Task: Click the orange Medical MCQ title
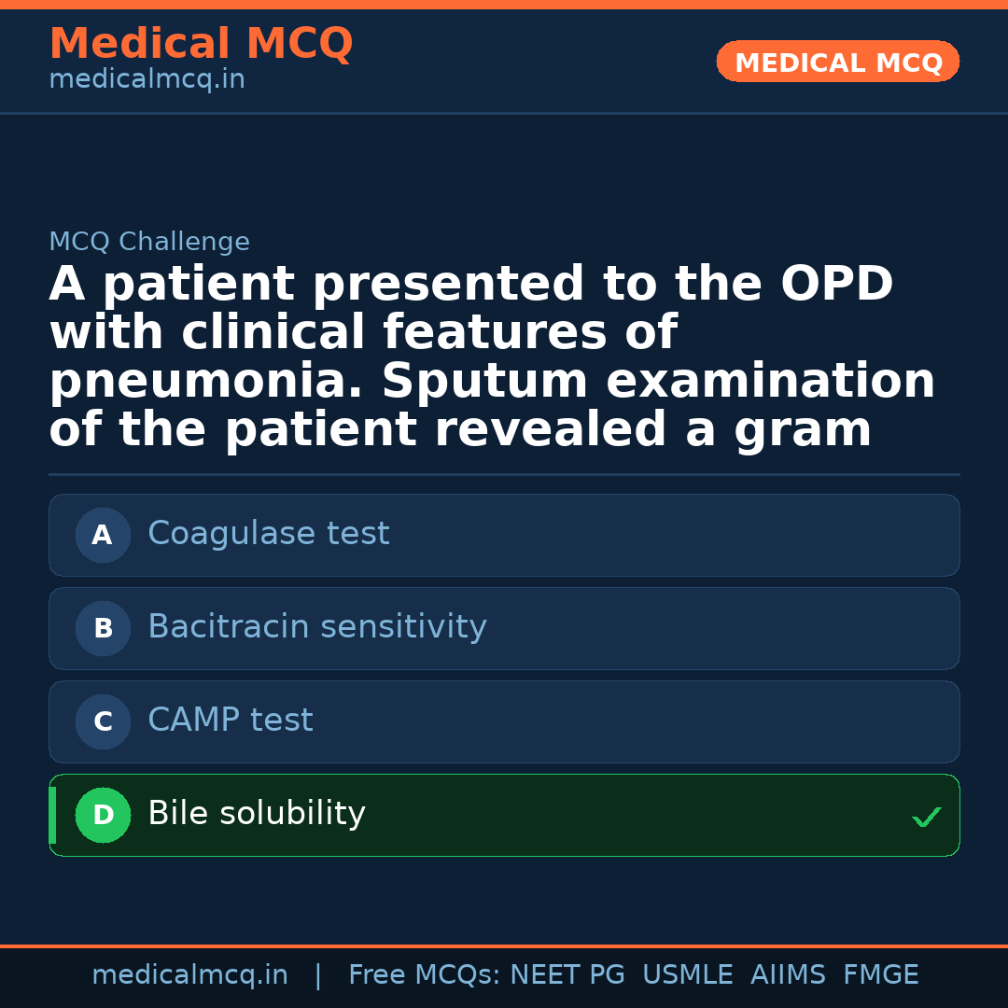(x=201, y=44)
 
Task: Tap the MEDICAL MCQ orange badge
(x=838, y=63)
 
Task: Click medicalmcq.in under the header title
(x=147, y=80)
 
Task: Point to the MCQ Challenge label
(x=149, y=242)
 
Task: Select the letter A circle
(x=103, y=535)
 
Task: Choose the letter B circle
(x=103, y=628)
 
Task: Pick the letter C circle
(x=103, y=721)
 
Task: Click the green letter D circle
(x=103, y=815)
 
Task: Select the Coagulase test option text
(x=269, y=534)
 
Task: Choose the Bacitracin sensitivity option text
(x=317, y=627)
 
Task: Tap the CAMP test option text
(x=231, y=721)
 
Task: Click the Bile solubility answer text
(x=257, y=814)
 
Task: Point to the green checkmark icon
(x=926, y=818)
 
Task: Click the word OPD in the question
(x=836, y=285)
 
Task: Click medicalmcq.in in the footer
(x=189, y=975)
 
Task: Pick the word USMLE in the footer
(x=687, y=975)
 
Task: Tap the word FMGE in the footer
(x=880, y=975)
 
